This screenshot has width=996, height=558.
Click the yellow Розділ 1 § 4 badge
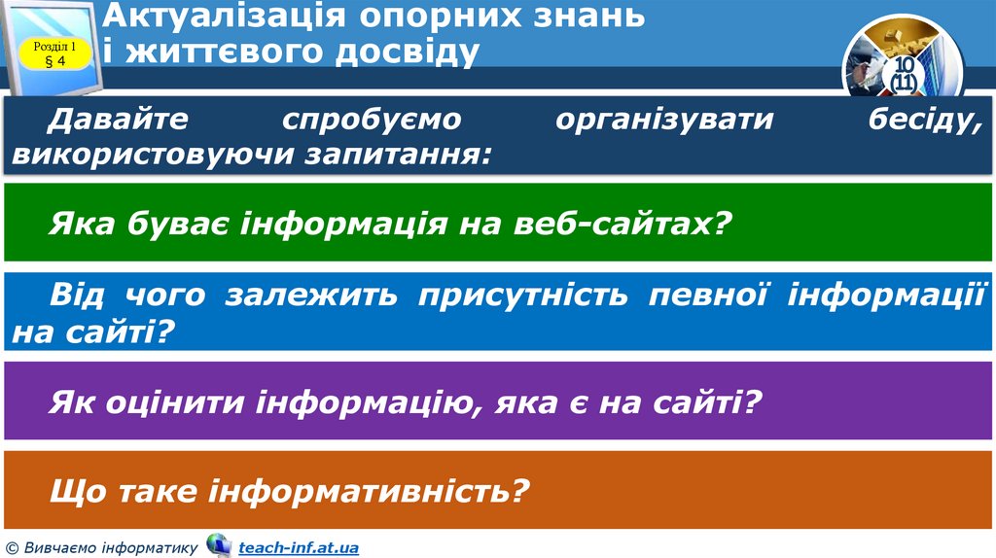coord(55,53)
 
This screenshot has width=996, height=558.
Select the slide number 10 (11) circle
coord(903,74)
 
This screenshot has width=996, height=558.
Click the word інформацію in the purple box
coord(367,401)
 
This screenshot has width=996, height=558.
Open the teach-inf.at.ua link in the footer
coord(298,548)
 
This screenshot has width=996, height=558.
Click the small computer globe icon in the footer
coord(219,545)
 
